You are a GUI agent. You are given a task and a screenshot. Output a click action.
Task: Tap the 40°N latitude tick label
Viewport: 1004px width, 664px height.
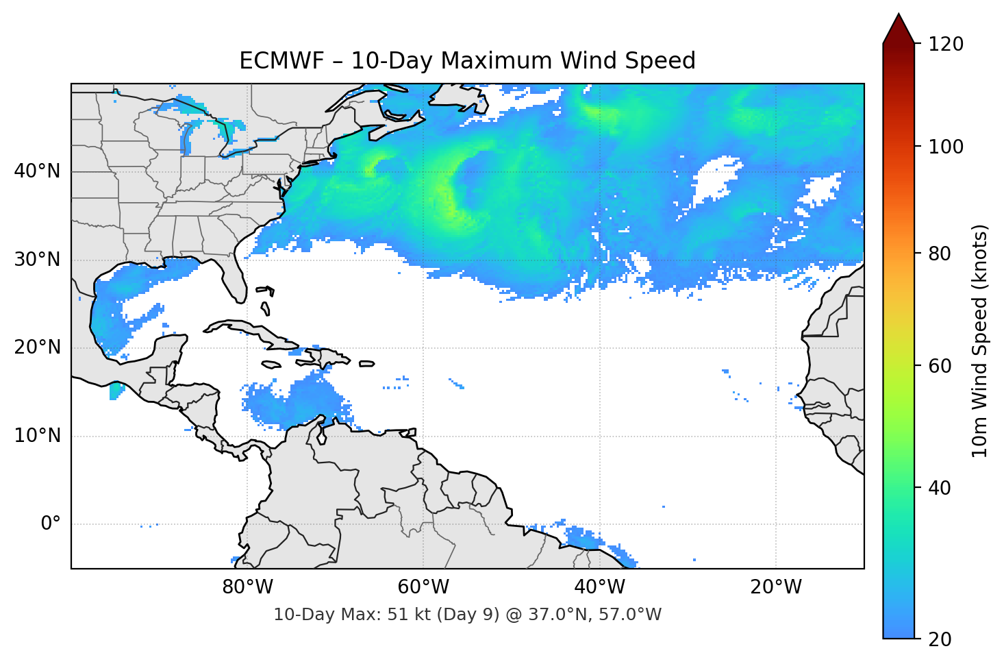pos(37,171)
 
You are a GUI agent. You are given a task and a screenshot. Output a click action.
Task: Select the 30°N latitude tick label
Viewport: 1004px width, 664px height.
pos(37,260)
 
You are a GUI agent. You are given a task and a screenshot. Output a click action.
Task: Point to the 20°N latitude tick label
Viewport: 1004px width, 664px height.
pos(37,347)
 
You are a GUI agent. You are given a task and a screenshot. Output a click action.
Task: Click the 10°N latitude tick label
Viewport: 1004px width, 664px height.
pos(37,436)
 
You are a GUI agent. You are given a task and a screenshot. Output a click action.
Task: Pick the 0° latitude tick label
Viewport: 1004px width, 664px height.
pos(51,524)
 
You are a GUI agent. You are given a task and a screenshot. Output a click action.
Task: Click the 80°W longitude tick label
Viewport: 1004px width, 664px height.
pos(247,587)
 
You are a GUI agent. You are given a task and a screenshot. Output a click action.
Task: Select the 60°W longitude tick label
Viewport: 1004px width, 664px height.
pos(423,587)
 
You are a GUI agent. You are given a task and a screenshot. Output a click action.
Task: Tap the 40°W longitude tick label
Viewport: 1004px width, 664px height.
pos(599,587)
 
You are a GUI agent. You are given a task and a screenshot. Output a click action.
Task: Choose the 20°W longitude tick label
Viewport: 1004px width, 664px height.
pos(775,587)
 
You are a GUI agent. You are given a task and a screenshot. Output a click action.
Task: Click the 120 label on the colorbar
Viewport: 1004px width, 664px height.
pos(945,45)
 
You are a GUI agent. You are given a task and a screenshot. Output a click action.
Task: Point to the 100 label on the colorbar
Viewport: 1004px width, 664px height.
pos(945,147)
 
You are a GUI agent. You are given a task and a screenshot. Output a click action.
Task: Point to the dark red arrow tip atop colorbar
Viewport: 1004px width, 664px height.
pos(899,24)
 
